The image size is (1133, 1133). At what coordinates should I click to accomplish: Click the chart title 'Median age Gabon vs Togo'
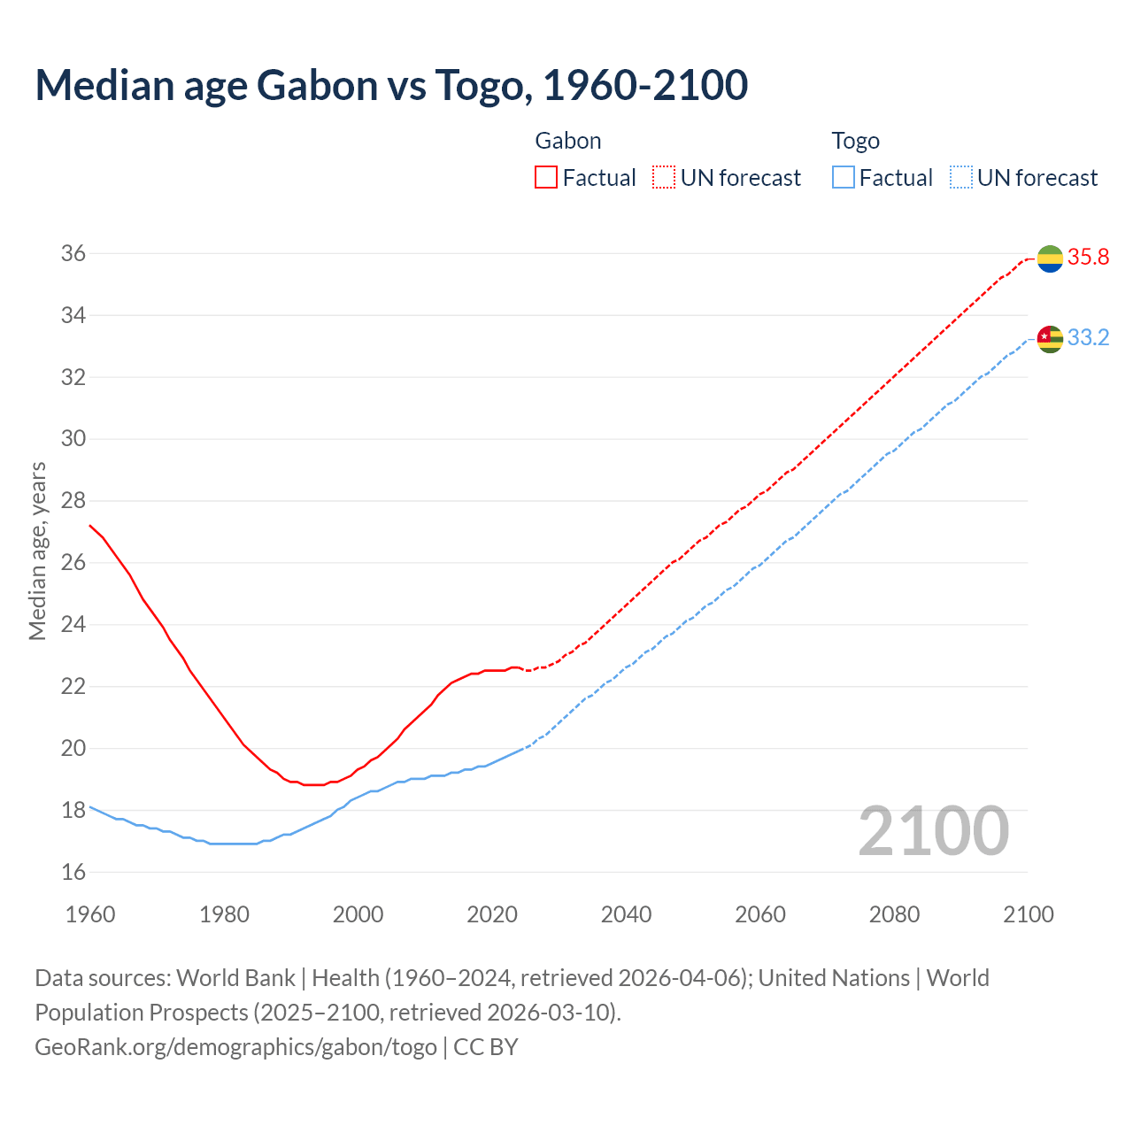point(391,85)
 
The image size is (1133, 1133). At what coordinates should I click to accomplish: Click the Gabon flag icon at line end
point(1050,258)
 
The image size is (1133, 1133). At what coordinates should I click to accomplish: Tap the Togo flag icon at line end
point(1050,338)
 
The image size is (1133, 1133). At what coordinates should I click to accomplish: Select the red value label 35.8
point(1088,258)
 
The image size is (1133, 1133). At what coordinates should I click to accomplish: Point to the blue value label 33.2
point(1088,338)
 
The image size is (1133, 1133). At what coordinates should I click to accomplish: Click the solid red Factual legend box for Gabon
point(546,178)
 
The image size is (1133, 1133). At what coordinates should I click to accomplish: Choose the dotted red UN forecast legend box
point(664,178)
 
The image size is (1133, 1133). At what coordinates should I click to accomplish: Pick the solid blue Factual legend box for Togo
point(844,178)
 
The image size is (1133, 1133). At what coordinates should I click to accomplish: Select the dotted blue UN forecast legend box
point(960,178)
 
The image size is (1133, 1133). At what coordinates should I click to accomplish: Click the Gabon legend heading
point(568,141)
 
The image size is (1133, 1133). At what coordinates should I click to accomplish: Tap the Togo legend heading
point(855,141)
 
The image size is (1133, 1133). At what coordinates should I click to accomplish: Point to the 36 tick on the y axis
point(73,254)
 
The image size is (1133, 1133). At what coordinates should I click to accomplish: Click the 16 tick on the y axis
point(73,872)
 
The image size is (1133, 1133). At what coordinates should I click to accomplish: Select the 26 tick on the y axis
point(73,563)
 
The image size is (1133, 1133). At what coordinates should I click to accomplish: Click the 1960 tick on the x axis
point(90,914)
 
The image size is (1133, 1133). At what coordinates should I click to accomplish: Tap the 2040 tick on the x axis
point(626,914)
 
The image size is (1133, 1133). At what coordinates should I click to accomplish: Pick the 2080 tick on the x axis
point(894,914)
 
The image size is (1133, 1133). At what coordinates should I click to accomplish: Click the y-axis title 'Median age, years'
point(37,551)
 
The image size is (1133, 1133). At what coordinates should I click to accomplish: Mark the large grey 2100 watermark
point(933,830)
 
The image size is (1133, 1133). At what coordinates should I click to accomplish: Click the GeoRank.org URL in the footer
point(235,1047)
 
